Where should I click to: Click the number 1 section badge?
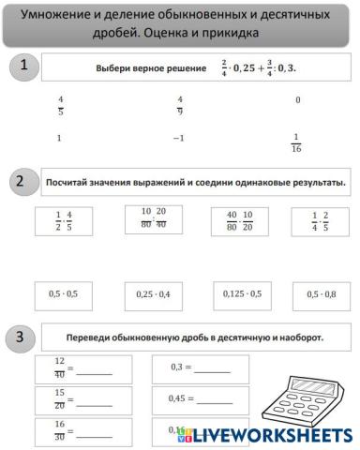pos(22,66)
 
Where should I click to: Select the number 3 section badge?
pos(22,336)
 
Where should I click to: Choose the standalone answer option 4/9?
pos(179,105)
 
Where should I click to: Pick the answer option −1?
pos(179,139)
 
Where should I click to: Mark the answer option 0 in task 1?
pos(297,100)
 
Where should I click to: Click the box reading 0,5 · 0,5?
pos(63,294)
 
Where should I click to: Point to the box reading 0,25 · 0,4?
pos(153,294)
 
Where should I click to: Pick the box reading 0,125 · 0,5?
pos(242,294)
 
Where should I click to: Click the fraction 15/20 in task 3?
pos(59,398)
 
